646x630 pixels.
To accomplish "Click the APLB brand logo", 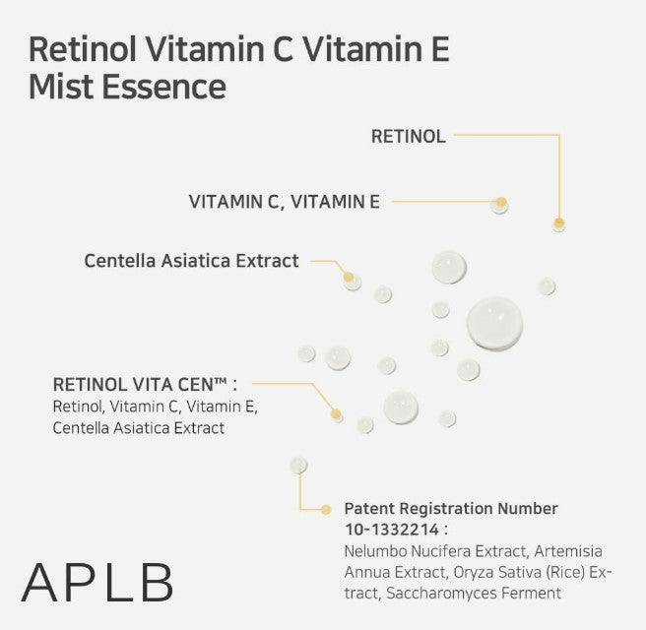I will tap(97, 583).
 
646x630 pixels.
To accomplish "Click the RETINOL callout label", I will tap(408, 137).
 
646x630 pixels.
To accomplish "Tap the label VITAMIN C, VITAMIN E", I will tap(284, 202).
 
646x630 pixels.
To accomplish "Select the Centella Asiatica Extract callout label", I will tap(191, 261).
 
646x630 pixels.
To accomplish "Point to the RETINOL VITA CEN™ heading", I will tap(144, 384).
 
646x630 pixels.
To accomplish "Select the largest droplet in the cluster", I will tap(494, 322).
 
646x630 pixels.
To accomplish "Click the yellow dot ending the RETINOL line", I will tap(559, 223).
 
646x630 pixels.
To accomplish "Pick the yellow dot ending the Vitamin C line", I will tap(500, 203).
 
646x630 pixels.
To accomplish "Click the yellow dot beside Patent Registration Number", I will tap(326, 509).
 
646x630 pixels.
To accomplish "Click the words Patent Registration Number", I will tap(451, 509).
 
